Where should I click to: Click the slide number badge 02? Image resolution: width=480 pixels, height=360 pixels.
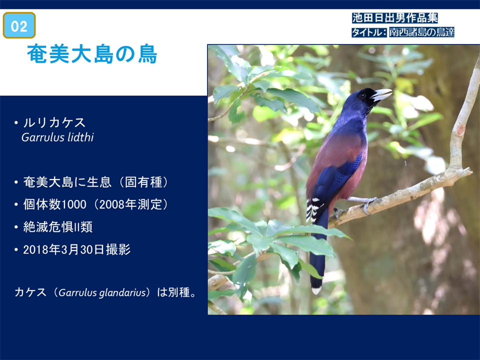pos(19,25)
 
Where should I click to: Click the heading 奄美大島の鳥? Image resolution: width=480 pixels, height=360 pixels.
pos(92,54)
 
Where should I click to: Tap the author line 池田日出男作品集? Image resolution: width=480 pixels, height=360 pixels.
pos(394,18)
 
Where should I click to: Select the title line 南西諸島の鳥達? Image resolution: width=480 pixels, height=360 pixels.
pos(422,32)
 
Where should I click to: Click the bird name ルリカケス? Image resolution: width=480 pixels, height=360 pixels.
pos(54,123)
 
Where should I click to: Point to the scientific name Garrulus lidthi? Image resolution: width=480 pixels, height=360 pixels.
pos(57,137)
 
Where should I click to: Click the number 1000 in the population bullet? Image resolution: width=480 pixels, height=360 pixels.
pos(74,204)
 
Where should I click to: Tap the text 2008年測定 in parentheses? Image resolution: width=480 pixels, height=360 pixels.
pos(130,204)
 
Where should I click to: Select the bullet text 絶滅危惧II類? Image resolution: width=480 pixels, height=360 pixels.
pos(58,227)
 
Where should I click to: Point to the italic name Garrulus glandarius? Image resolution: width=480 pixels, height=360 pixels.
pos(102,292)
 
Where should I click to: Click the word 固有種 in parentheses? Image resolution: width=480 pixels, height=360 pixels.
pos(143,182)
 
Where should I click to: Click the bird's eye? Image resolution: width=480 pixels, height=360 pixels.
pos(363,96)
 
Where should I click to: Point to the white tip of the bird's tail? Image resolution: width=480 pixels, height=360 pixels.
pos(316,290)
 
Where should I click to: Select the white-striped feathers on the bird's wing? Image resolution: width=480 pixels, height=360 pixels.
pos(314,209)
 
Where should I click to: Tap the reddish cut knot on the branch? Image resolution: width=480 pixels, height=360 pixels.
pos(460,129)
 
